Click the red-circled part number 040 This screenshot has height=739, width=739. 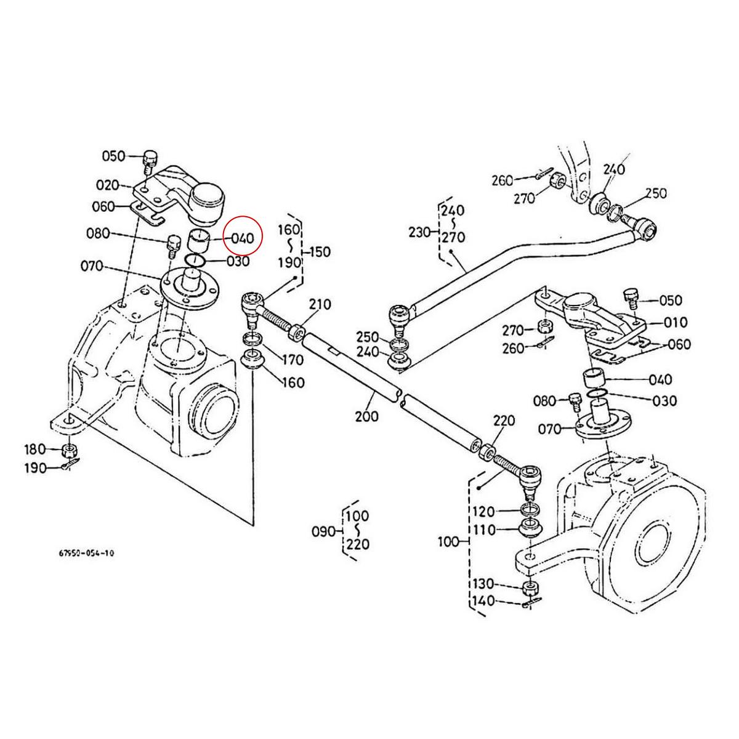point(243,238)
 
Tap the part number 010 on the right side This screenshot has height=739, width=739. point(659,323)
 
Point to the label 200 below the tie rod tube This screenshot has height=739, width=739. point(367,416)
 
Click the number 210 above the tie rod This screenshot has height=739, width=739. point(320,304)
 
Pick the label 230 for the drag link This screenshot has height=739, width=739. point(421,232)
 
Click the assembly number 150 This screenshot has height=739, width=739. point(319,252)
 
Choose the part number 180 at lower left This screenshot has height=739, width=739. point(35,449)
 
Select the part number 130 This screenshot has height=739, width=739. point(483,584)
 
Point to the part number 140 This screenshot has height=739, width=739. point(483,601)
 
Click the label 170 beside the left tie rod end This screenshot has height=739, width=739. point(293,359)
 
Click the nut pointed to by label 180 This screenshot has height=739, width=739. point(70,450)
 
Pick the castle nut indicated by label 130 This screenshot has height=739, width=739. point(529,587)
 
